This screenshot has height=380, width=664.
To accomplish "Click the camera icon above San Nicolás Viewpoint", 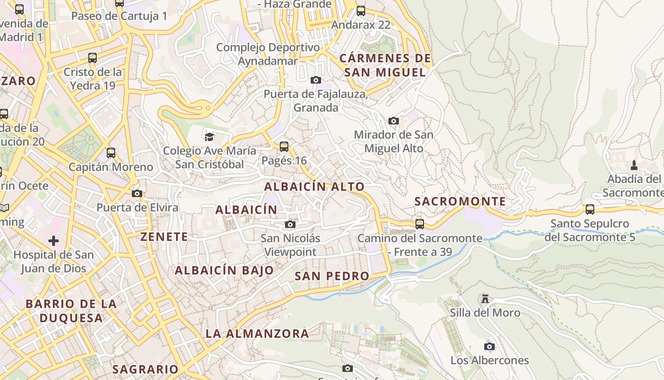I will pyautogui.click(x=290, y=224).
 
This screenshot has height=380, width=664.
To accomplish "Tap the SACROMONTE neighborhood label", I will pyautogui.click(x=460, y=201).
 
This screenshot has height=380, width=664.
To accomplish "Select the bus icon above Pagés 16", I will pyautogui.click(x=284, y=146).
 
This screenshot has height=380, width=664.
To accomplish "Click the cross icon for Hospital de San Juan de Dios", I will pyautogui.click(x=54, y=241).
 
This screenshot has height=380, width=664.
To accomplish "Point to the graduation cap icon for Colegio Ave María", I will pyautogui.click(x=209, y=137).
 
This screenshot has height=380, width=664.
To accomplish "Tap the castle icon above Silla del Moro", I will pyautogui.click(x=485, y=299).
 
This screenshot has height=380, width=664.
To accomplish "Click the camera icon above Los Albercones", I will pyautogui.click(x=489, y=346).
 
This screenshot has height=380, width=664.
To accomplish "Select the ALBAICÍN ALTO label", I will pyautogui.click(x=314, y=187).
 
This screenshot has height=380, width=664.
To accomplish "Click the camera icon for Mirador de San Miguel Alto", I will pyautogui.click(x=393, y=121).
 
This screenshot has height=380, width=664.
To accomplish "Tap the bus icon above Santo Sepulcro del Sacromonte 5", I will pyautogui.click(x=590, y=209).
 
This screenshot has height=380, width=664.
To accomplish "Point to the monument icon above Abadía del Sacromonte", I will pyautogui.click(x=634, y=165).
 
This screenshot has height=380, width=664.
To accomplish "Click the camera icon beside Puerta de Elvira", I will pyautogui.click(x=137, y=193).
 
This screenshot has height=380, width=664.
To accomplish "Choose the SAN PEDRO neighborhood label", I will pyautogui.click(x=332, y=276).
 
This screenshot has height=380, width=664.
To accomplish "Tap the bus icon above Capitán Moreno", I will pyautogui.click(x=111, y=153).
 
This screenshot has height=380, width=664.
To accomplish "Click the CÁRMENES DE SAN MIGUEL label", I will pyautogui.click(x=385, y=65).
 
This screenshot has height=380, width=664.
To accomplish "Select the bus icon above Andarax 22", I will pyautogui.click(x=361, y=10).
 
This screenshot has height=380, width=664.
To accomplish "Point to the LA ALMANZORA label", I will pyautogui.click(x=257, y=333).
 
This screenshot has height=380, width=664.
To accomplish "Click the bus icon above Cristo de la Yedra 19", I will pyautogui.click(x=92, y=58).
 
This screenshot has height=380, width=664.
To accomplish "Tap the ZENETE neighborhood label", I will pyautogui.click(x=164, y=237).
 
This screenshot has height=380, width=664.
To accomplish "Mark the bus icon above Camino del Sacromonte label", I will pyautogui.click(x=420, y=224).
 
